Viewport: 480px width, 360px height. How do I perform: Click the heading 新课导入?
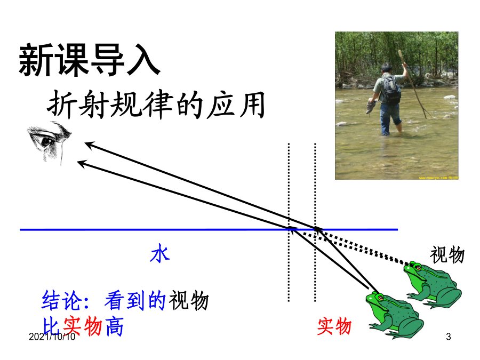pyautogui.click(x=90, y=60)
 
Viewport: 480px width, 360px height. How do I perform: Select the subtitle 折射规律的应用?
pyautogui.click(x=156, y=105)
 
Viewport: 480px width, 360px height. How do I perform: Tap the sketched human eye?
pyautogui.click(x=49, y=142)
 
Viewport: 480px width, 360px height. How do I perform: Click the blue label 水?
pyautogui.click(x=160, y=253)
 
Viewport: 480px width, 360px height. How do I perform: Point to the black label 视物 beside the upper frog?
pyautogui.click(x=447, y=255)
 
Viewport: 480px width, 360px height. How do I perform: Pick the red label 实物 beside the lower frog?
pyautogui.click(x=334, y=326)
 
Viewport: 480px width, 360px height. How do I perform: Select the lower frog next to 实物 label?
pyautogui.click(x=395, y=315)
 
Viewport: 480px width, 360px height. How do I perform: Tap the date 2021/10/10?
pyautogui.click(x=52, y=337)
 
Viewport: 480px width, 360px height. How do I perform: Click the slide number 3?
pyautogui.click(x=449, y=337)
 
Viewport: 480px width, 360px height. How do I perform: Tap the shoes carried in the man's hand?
pyautogui.click(x=371, y=107)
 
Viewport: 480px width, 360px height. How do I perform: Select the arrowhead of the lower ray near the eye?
pyautogui.click(x=82, y=164)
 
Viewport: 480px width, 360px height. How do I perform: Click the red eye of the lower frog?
pyautogui.click(x=380, y=297)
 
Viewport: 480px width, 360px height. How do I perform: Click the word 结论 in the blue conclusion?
pyautogui.click(x=62, y=301)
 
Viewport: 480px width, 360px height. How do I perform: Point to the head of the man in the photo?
pyautogui.click(x=386, y=68)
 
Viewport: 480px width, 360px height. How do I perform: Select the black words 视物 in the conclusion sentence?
pyautogui.click(x=189, y=301)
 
